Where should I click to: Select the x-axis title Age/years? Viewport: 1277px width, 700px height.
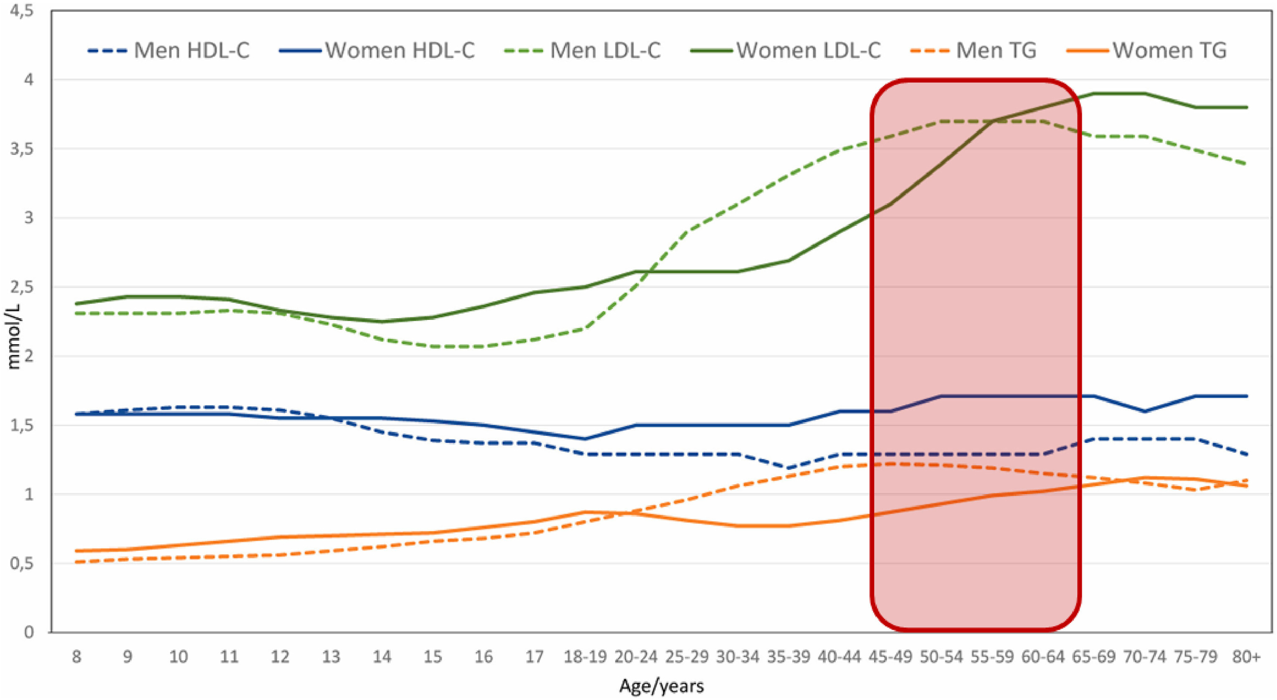click(x=661, y=686)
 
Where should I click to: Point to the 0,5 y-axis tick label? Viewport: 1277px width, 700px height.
click(x=22, y=563)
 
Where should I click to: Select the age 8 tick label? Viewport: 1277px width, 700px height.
click(x=76, y=657)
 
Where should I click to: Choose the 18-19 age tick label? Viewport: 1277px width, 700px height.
click(x=585, y=657)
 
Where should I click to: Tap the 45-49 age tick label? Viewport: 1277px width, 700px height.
click(x=890, y=657)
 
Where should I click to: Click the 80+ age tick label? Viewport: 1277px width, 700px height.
click(x=1246, y=657)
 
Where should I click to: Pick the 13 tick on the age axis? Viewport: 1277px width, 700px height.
click(x=331, y=657)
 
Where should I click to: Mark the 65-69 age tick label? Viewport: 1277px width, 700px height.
click(x=1094, y=657)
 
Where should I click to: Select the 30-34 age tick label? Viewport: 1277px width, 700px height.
click(x=738, y=657)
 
